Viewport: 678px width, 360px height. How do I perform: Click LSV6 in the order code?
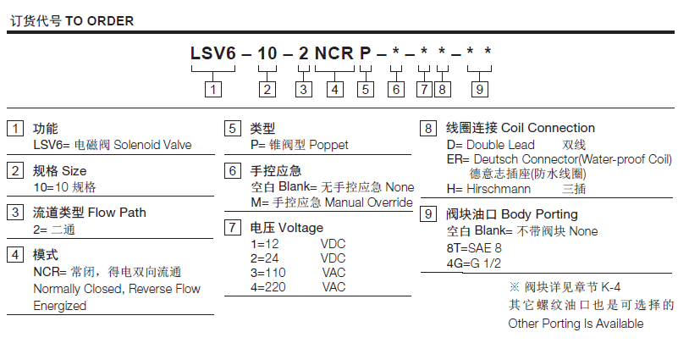212,54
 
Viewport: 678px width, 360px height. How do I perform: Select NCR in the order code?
333,54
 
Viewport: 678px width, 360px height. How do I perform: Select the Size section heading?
73,171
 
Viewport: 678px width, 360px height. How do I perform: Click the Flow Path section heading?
111,212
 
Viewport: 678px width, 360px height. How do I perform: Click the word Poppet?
328,145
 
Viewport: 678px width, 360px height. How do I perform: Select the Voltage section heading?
295,227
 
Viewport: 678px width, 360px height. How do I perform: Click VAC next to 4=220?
333,287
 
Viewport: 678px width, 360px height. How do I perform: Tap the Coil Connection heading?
548,129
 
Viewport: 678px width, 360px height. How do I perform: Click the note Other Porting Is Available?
576,324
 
